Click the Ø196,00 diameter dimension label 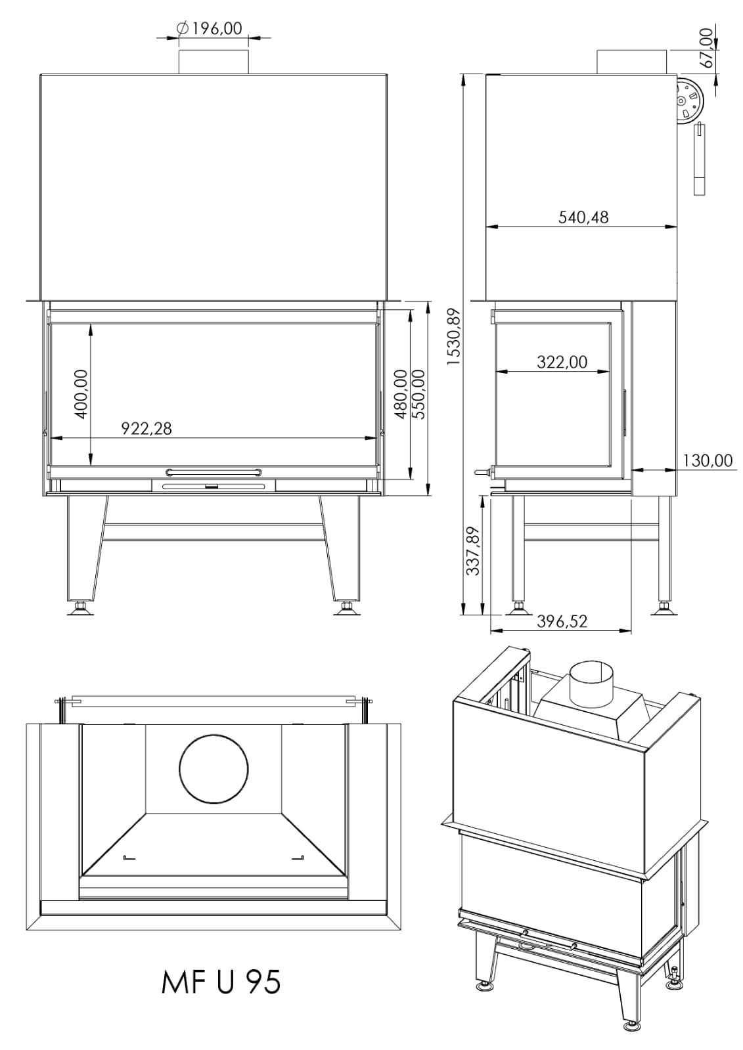(x=209, y=29)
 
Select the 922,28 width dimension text (x=146, y=428)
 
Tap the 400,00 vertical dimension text (x=81, y=394)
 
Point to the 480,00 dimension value (x=400, y=394)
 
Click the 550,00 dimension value (x=417, y=394)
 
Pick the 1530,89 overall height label (x=453, y=337)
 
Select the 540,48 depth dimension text (x=583, y=217)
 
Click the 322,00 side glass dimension (x=562, y=362)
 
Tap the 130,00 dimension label (x=707, y=460)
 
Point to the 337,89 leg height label (x=473, y=551)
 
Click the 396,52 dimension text (x=562, y=621)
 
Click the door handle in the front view (x=214, y=471)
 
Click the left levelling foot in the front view (x=81, y=608)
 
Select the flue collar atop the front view (x=214, y=62)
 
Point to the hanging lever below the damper (x=699, y=158)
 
